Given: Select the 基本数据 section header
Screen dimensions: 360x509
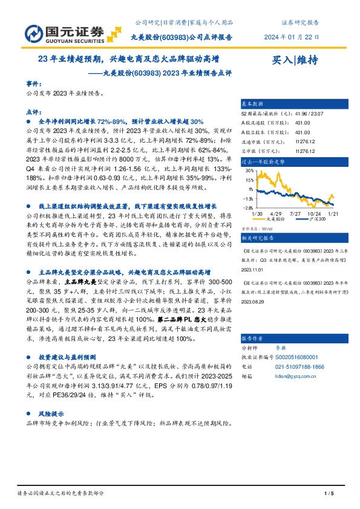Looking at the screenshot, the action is pos(252,104).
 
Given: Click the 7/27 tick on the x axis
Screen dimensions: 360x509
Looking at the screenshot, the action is pos(296,213).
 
